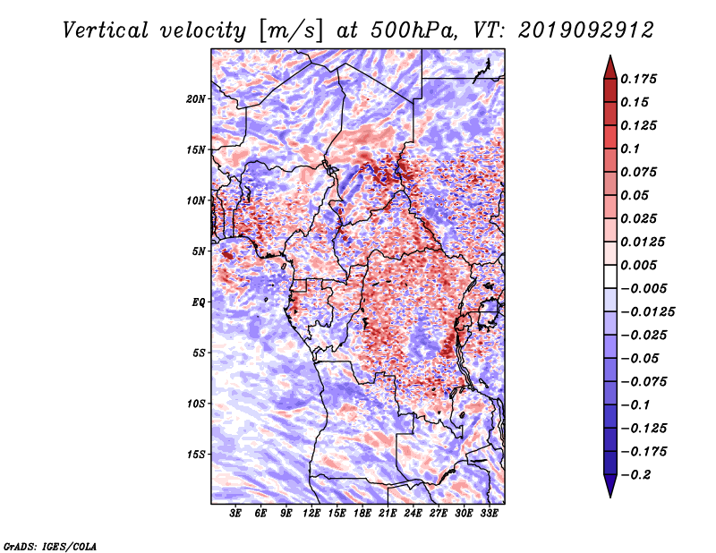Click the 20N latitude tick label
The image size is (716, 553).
click(x=196, y=98)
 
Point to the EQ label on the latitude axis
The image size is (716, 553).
click(x=200, y=302)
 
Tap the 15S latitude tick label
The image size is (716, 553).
click(x=196, y=455)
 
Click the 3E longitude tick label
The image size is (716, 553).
click(x=236, y=514)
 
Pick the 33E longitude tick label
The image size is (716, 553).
click(x=489, y=514)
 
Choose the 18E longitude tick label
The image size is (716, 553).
click(x=362, y=514)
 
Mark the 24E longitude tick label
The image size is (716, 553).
click(x=413, y=514)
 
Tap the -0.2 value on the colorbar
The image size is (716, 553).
click(x=641, y=474)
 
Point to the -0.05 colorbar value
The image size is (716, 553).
click(x=644, y=358)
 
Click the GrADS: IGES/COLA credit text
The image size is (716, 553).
click(x=49, y=545)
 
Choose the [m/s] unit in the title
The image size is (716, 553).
click(x=286, y=30)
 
